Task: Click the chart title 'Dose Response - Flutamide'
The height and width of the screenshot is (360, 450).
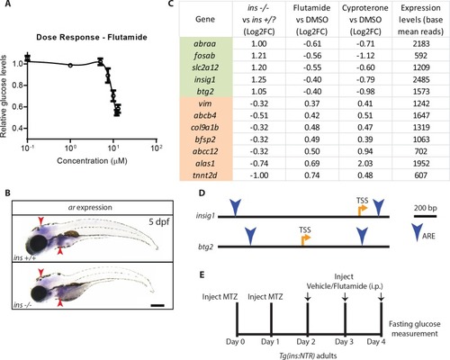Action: coord(92,38)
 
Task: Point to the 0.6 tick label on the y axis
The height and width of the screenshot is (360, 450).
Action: coord(18,107)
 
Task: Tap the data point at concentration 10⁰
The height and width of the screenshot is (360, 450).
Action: coord(70,65)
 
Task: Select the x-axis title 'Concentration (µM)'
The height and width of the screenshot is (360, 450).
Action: coord(92,161)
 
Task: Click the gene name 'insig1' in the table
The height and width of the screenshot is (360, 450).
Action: coord(205,79)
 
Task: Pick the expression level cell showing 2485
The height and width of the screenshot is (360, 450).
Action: coord(421,79)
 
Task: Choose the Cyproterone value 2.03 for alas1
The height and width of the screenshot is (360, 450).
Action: coord(365,164)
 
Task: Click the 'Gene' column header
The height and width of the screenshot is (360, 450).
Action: coord(205,19)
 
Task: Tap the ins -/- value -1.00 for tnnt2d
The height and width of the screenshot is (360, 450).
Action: coord(259,175)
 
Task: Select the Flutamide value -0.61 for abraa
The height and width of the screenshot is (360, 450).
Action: coord(312,43)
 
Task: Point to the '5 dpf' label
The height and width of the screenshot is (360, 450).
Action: coord(159,222)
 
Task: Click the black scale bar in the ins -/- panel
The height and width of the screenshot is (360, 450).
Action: coord(157,305)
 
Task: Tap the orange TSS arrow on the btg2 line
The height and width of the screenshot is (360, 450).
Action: coord(305,239)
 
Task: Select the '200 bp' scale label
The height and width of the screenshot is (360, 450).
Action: coord(426,208)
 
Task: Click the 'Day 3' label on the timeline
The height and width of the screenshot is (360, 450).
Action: coord(344,342)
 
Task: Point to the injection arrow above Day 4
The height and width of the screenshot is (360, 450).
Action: coord(382,297)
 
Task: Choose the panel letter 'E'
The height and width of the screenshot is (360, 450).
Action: coord(202,274)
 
